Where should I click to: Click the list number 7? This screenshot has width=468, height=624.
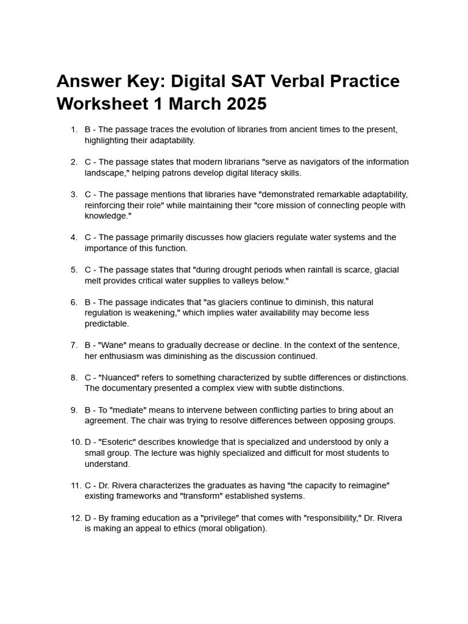coord(73,346)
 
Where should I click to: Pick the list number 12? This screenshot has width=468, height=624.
coord(76,519)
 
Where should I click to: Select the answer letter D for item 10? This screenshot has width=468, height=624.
coord(88,442)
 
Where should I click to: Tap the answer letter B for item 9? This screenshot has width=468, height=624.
coord(88,410)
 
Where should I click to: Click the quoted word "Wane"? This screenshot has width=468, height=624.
coord(113,346)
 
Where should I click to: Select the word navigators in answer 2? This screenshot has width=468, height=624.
coord(305,162)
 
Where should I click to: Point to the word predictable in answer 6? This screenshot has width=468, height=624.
coord(107,324)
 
